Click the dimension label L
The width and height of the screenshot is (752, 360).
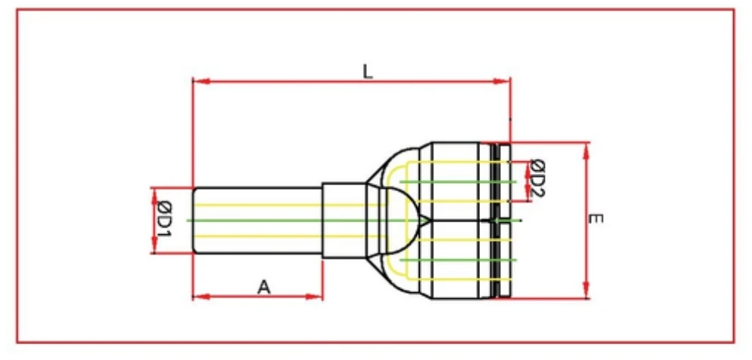tap(367, 72)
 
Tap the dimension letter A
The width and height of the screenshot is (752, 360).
tap(263, 286)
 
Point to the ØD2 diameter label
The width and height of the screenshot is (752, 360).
tap(536, 178)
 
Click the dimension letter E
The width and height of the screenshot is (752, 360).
tap(595, 219)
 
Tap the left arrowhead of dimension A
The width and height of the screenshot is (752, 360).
tap(199, 297)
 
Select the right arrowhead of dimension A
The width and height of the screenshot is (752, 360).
tap(317, 297)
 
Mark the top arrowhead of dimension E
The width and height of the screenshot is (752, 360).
tap(586, 148)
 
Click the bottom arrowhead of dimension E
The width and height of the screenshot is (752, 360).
tap(586, 293)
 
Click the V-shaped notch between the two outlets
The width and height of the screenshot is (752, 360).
tap(426, 220)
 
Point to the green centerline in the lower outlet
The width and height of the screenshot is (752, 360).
tap(452, 260)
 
